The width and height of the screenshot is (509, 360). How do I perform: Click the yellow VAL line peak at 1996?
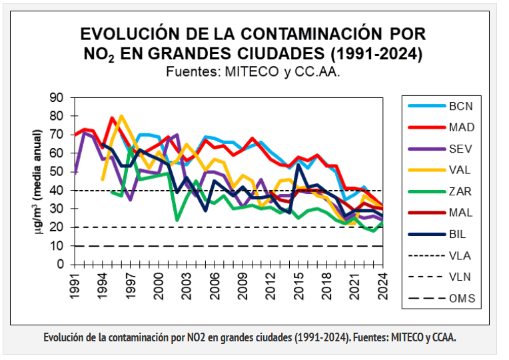click(121, 116)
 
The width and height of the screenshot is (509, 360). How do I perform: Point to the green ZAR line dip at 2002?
click(177, 219)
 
